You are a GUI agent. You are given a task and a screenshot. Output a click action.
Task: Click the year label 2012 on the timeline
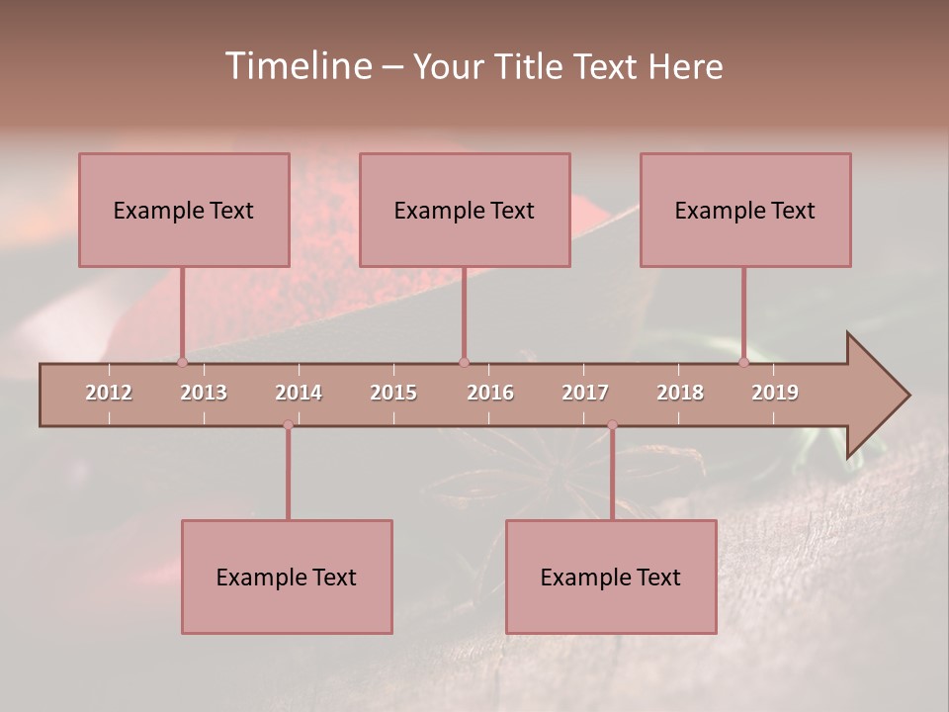(x=109, y=393)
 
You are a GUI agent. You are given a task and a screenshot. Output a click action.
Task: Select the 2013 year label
(x=204, y=393)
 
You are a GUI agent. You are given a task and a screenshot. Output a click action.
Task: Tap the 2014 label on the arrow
(x=299, y=393)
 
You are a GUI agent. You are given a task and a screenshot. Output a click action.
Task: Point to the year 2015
(x=393, y=393)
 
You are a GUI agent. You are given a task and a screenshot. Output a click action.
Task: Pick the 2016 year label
(x=490, y=393)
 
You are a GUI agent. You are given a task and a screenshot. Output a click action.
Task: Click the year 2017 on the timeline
(x=585, y=393)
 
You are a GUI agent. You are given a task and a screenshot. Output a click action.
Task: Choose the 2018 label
(x=680, y=393)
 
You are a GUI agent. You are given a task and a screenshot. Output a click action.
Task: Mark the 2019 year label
(x=775, y=393)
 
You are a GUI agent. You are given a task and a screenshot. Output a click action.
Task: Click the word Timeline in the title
(x=298, y=66)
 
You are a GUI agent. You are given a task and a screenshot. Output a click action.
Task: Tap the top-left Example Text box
(x=184, y=210)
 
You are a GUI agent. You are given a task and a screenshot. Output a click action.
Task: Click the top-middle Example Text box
(x=465, y=210)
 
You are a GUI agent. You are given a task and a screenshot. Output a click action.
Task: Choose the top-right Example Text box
(x=745, y=210)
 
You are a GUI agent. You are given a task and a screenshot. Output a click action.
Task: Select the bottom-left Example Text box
(x=287, y=577)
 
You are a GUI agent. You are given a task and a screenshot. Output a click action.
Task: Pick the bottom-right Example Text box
(x=611, y=577)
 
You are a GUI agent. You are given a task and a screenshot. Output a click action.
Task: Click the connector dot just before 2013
(x=183, y=362)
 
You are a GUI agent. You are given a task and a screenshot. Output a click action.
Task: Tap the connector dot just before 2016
(x=464, y=362)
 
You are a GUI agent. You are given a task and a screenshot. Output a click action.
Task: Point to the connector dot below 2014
(x=288, y=425)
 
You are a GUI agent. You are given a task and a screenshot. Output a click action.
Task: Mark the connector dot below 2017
(x=612, y=425)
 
